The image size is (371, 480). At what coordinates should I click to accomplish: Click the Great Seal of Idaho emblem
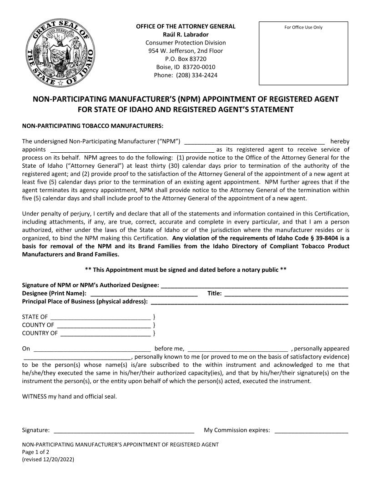(x=60, y=54)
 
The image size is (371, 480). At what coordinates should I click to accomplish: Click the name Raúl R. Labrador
(x=185, y=35)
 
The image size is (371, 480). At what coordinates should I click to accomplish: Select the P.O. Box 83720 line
(x=185, y=59)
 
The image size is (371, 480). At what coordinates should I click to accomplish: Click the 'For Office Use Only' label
(x=303, y=27)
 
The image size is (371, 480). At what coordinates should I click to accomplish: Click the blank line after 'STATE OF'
(x=100, y=317)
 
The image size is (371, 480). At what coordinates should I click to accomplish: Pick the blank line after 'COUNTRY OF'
(x=105, y=334)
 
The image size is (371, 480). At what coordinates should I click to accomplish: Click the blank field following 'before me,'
(x=237, y=349)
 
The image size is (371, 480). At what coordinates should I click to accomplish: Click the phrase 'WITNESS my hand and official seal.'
(x=69, y=396)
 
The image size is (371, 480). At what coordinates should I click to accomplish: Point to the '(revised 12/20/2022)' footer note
(x=48, y=460)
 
